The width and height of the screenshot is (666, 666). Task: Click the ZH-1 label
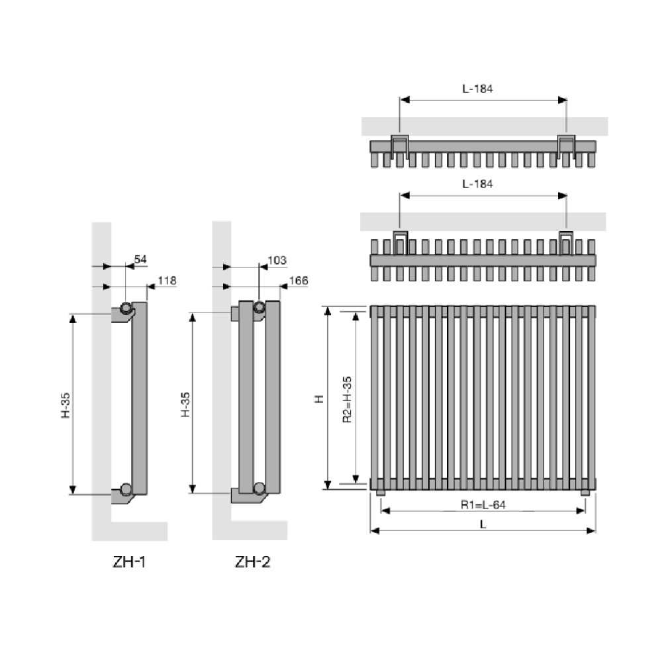129,562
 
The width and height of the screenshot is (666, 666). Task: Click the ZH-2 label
253,562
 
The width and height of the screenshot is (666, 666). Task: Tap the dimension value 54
140,259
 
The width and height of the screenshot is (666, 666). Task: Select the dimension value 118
167,280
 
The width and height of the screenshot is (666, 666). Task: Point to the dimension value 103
277,260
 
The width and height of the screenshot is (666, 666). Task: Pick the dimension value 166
299,280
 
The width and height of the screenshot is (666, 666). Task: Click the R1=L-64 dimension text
483,504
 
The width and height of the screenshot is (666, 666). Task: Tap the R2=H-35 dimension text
347,400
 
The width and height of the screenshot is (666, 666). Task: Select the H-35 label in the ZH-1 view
66,405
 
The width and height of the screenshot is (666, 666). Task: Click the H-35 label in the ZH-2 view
185,404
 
